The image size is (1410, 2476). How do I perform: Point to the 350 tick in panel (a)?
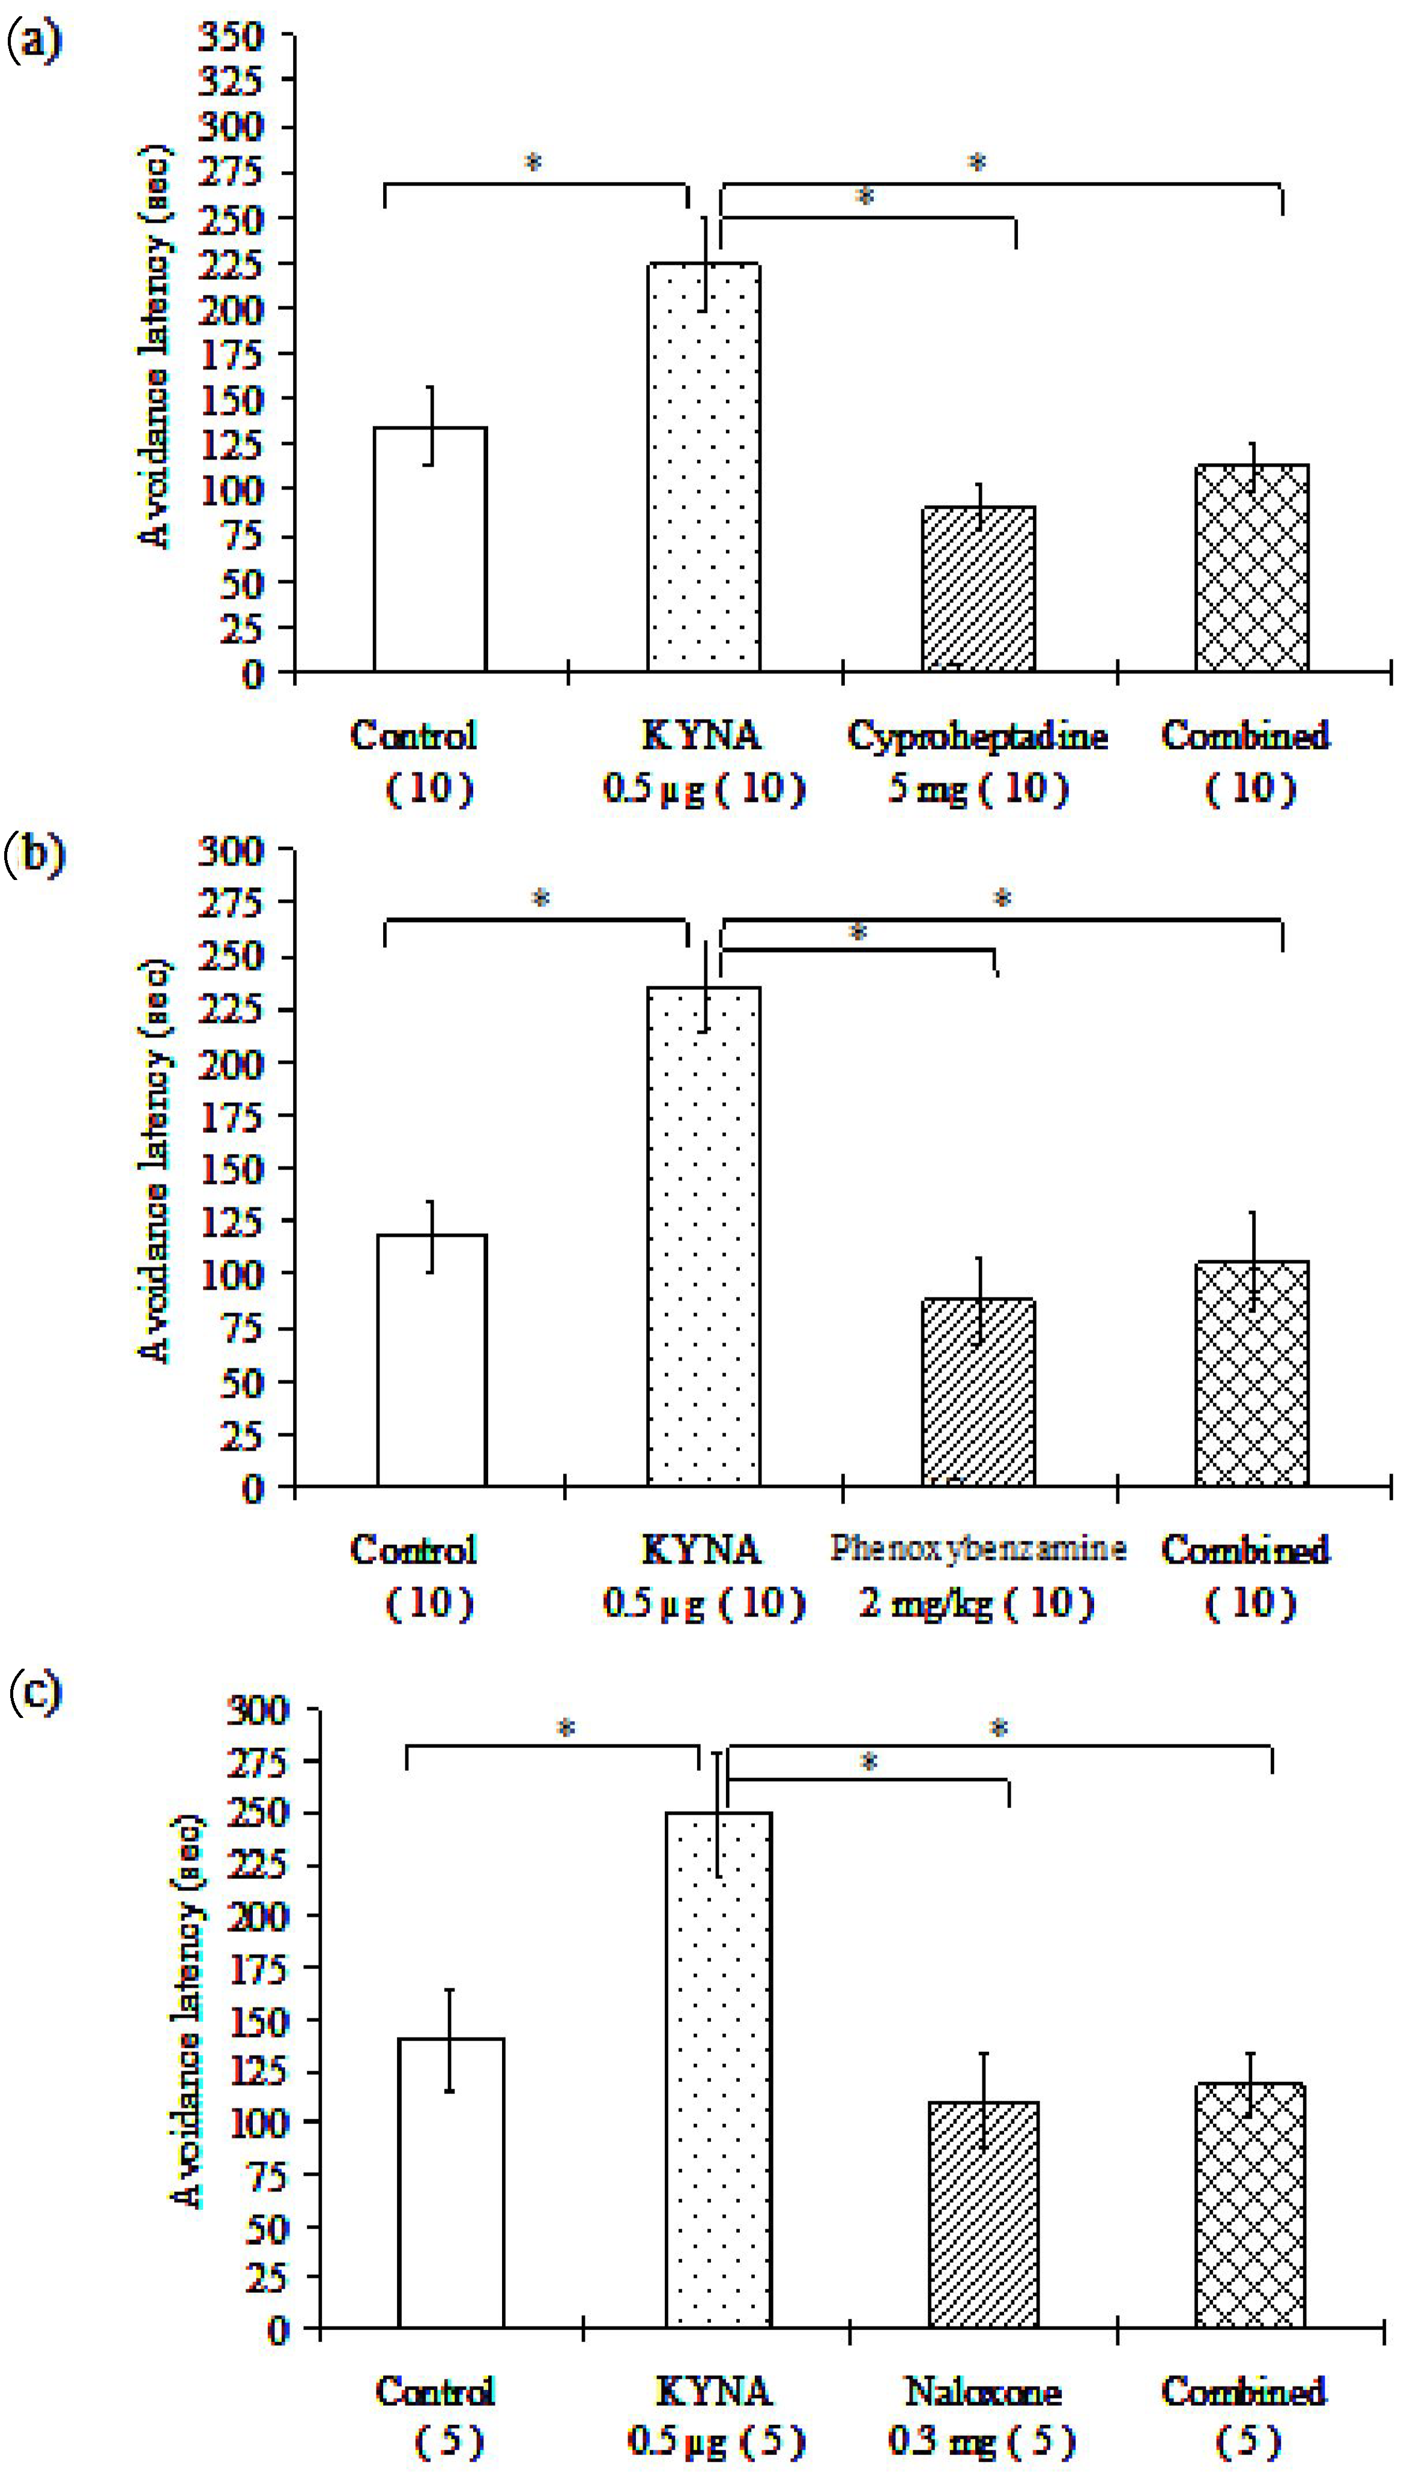click(x=231, y=37)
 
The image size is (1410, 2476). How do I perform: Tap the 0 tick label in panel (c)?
click(x=278, y=2329)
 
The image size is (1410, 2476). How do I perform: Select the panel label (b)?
click(x=34, y=855)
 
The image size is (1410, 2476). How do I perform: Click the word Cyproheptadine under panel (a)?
click(x=977, y=737)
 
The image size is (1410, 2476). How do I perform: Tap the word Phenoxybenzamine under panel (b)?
click(x=977, y=1549)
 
